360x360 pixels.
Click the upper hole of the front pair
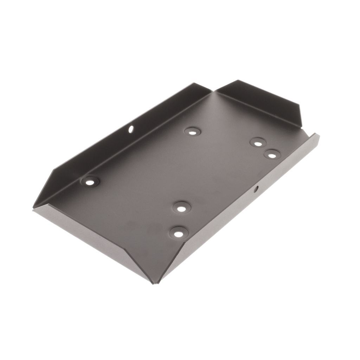pyautogui.click(x=181, y=208)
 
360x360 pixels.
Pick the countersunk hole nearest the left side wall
pyautogui.click(x=90, y=182)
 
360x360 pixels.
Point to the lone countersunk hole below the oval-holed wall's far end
pyautogui.click(x=192, y=132)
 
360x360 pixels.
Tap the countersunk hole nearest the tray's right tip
pyautogui.click(x=272, y=154)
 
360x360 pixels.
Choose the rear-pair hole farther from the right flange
pyautogui.click(x=258, y=142)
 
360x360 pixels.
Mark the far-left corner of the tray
pyautogui.click(x=33, y=207)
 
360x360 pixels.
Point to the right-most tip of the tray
pyautogui.click(x=319, y=135)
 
